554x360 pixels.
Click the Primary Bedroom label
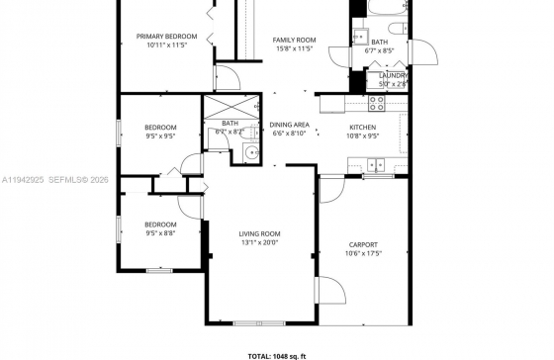click(166, 37)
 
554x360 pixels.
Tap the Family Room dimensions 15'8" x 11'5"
click(294, 47)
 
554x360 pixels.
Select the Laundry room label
click(393, 75)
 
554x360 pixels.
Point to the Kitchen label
click(363, 128)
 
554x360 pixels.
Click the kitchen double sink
click(377, 164)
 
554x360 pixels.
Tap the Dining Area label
click(290, 125)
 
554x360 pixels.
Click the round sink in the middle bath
click(249, 151)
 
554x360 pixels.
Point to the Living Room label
click(259, 233)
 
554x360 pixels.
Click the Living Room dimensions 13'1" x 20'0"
click(259, 242)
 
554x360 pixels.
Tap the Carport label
click(363, 244)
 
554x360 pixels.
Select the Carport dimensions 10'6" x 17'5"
click(363, 253)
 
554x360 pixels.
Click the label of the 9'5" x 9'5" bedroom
click(160, 128)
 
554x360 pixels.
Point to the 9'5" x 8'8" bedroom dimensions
click(160, 233)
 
